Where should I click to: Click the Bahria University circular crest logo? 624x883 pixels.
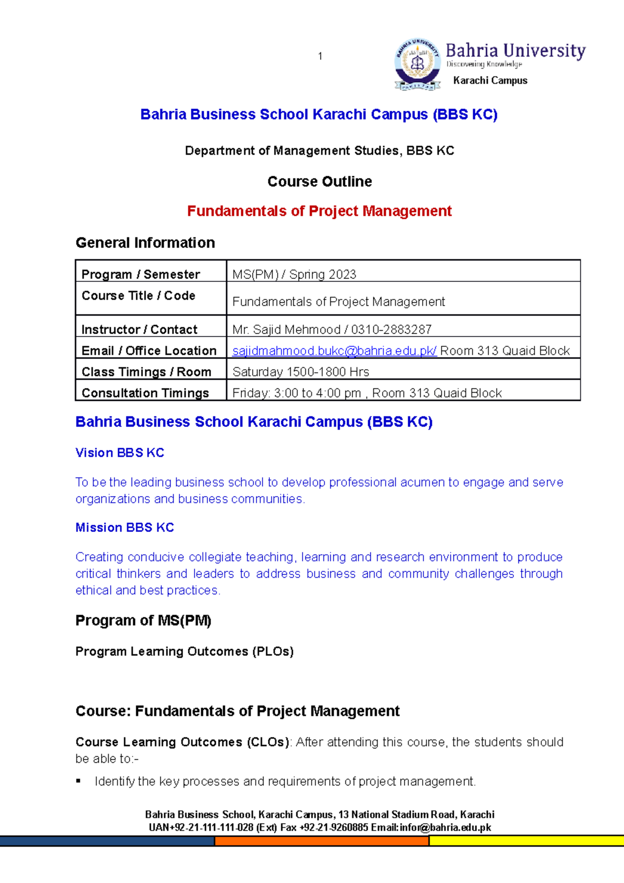click(x=417, y=64)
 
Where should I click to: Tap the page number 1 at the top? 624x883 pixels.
click(x=320, y=56)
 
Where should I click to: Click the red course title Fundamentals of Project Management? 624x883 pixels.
click(x=319, y=211)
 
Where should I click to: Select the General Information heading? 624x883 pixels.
click(x=145, y=243)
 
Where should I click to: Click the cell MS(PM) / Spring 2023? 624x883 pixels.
click(x=294, y=274)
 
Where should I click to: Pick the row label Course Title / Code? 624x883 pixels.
click(x=138, y=295)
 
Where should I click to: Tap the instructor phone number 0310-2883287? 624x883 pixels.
click(x=391, y=329)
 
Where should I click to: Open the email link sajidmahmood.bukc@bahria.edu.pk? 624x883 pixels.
click(x=334, y=350)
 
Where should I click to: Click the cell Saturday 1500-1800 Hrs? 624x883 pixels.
click(x=301, y=372)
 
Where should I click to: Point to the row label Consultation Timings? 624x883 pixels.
click(x=145, y=393)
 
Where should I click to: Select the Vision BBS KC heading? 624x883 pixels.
click(x=120, y=453)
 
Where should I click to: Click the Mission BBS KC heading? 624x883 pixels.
click(x=125, y=527)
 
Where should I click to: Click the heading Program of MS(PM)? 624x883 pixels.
click(x=143, y=620)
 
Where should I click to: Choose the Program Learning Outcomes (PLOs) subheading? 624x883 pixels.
click(x=185, y=652)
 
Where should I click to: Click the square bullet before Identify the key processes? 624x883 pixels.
click(x=79, y=781)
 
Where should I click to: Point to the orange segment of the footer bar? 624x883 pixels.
click(x=321, y=841)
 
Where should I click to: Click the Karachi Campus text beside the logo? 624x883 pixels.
click(x=490, y=81)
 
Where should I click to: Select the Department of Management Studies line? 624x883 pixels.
click(x=319, y=151)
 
